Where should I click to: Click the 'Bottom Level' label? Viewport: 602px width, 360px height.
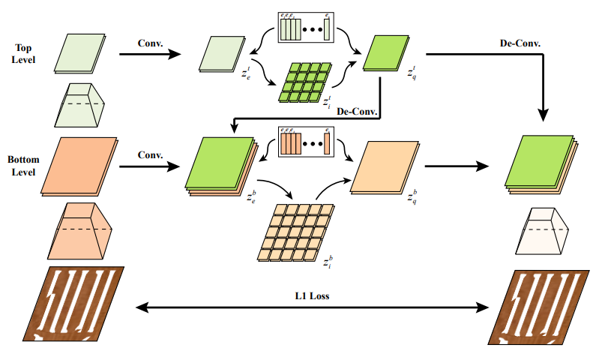[x=24, y=166]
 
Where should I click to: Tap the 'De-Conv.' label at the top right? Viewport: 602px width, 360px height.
[x=520, y=43]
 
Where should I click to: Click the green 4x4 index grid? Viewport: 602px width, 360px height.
[x=305, y=82]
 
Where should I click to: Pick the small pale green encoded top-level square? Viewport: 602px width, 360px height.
[x=223, y=55]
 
